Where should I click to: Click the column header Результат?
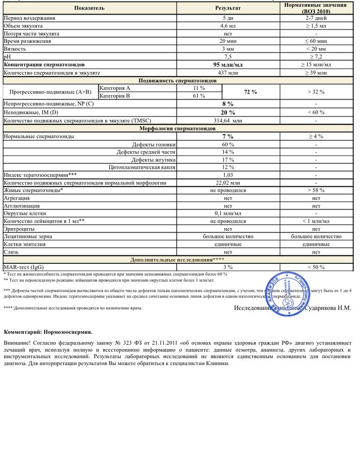tap(228, 8)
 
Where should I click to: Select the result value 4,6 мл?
tap(228, 26)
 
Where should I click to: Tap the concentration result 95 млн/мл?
tap(228, 65)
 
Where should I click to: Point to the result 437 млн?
tap(228, 73)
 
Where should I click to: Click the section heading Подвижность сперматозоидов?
tap(178, 81)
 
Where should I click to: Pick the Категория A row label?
tap(115, 88)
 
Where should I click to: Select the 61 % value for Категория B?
tap(199, 96)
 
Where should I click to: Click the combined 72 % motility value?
tap(250, 92)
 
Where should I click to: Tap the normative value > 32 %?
tap(316, 92)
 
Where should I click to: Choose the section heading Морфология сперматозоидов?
tap(178, 128)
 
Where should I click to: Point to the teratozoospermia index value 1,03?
tap(228, 175)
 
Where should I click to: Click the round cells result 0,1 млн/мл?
tap(228, 213)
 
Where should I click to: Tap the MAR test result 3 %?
tap(228, 267)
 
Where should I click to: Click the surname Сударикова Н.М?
tap(328, 307)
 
